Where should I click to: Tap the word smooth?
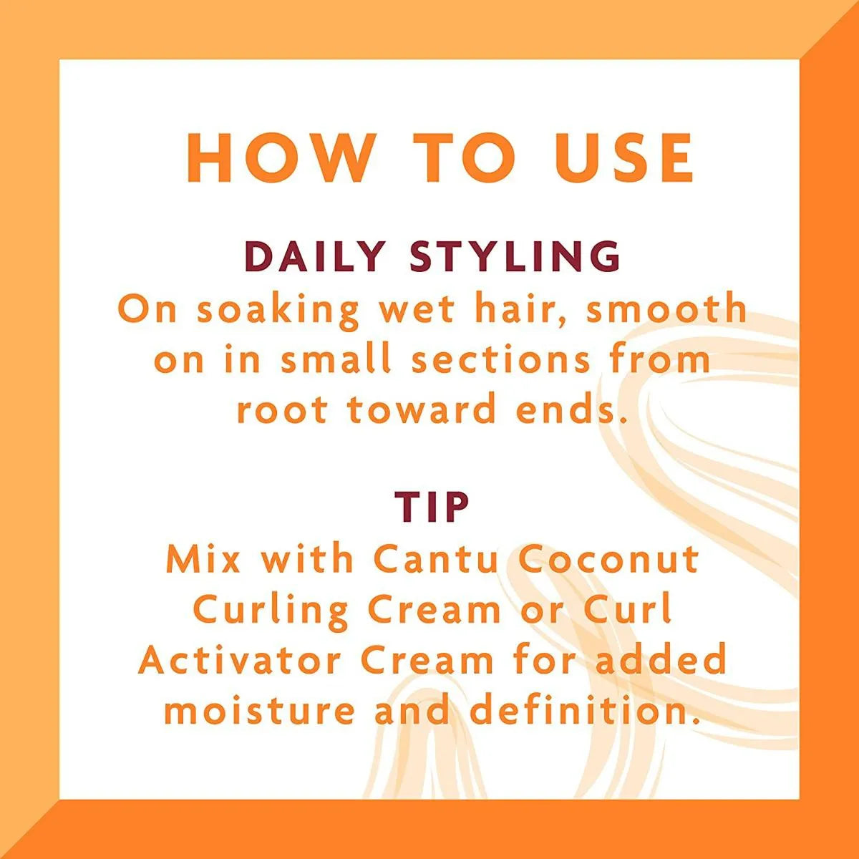[667, 310]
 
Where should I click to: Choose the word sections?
[500, 359]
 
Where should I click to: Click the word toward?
[422, 410]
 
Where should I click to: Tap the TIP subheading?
[432, 507]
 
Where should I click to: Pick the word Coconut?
[608, 559]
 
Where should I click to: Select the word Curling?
[271, 611]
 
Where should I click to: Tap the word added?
[661, 661]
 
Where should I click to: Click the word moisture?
[259, 711]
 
